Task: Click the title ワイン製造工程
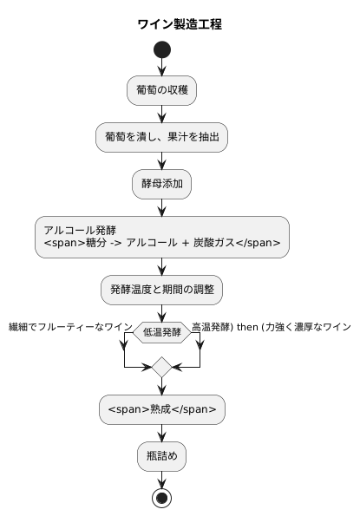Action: (180, 24)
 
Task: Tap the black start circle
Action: (162, 49)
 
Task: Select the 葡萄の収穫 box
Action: (162, 90)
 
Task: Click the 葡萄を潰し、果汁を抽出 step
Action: (162, 136)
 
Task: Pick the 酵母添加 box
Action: (162, 183)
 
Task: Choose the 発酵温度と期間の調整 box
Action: (162, 288)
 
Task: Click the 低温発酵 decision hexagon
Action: (162, 332)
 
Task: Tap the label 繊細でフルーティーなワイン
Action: (69, 327)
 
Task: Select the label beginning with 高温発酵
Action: (271, 327)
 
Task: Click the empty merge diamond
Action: (162, 368)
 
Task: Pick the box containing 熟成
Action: (162, 409)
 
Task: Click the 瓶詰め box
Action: (162, 455)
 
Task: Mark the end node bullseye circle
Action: (162, 499)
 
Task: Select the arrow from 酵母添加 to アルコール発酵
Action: (162, 206)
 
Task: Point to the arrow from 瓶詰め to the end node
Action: (162, 479)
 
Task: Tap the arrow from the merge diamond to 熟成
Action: (162, 387)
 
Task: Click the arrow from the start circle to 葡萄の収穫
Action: (162, 68)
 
